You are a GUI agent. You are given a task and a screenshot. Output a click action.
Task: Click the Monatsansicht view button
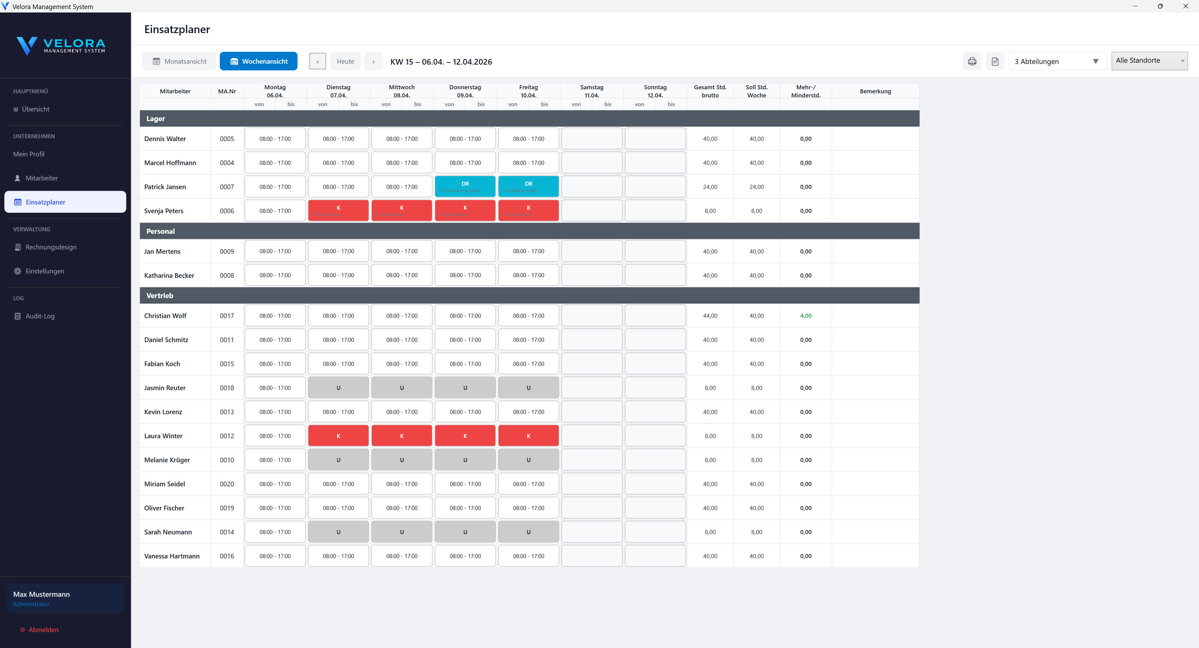click(x=179, y=61)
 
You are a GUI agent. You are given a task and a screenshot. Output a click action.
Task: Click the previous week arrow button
click(x=318, y=61)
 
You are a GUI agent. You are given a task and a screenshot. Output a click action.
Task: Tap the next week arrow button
click(x=373, y=61)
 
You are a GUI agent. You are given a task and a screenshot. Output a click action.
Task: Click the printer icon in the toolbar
click(x=972, y=61)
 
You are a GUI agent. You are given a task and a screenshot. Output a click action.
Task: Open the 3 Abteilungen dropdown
click(x=1057, y=61)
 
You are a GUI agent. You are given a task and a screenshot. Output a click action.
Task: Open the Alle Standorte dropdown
click(x=1149, y=61)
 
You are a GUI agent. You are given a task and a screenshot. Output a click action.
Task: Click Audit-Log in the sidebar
click(x=40, y=316)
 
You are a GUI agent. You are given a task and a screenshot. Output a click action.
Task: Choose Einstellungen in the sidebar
click(x=45, y=271)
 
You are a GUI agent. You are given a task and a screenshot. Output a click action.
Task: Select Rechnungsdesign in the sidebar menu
click(x=51, y=247)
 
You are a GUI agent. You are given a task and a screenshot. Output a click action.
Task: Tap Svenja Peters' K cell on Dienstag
click(x=338, y=210)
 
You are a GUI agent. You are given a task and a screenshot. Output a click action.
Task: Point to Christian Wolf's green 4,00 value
click(x=806, y=316)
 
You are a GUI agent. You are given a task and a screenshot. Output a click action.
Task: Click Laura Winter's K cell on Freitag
click(x=528, y=436)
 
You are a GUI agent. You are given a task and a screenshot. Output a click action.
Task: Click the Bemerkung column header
click(x=875, y=91)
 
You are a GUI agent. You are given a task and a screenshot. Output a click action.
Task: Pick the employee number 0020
click(x=227, y=484)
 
